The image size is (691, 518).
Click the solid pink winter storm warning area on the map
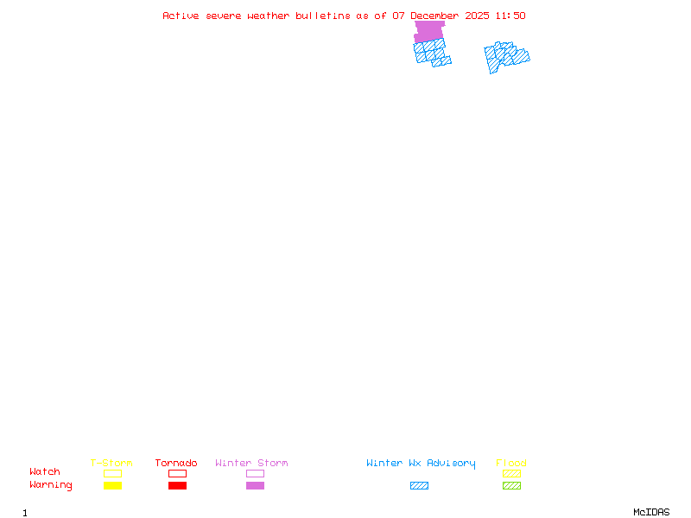429,32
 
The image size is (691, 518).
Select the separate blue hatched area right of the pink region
505,56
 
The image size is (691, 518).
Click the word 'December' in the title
435,16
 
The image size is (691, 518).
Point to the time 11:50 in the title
510,16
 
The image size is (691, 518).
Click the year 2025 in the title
478,16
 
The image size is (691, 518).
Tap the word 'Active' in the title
181,16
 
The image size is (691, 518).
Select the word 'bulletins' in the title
323,16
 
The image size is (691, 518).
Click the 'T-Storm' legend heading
111,463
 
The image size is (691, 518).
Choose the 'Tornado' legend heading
176,463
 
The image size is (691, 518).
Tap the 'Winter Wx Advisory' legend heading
421,463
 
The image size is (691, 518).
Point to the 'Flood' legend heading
511,463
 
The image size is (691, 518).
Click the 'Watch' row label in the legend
45,472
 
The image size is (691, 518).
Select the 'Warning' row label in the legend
51,485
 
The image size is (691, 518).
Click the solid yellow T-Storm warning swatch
112,486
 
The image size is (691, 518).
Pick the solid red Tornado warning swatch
177,486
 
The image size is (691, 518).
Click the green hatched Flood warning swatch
511,486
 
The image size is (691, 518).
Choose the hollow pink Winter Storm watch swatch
255,474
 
